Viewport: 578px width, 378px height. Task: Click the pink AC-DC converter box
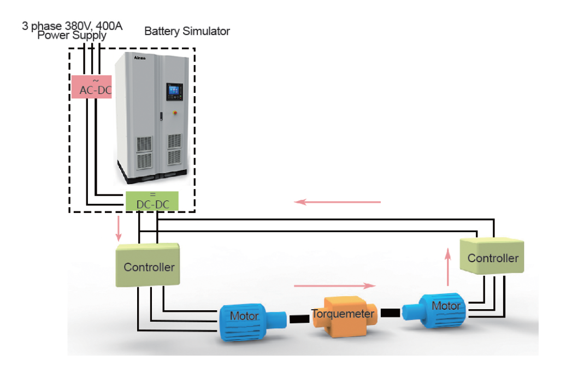92,86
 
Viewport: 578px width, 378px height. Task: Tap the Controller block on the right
492,257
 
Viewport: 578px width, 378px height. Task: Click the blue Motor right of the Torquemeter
440,310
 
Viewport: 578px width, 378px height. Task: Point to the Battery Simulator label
187,31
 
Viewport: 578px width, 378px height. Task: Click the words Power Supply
72,36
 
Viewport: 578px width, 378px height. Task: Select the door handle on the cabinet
161,115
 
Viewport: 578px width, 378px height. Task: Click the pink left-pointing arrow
337,202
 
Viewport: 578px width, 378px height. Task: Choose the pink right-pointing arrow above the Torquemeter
335,285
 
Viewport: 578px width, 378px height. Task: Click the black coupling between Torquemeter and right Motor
390,313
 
